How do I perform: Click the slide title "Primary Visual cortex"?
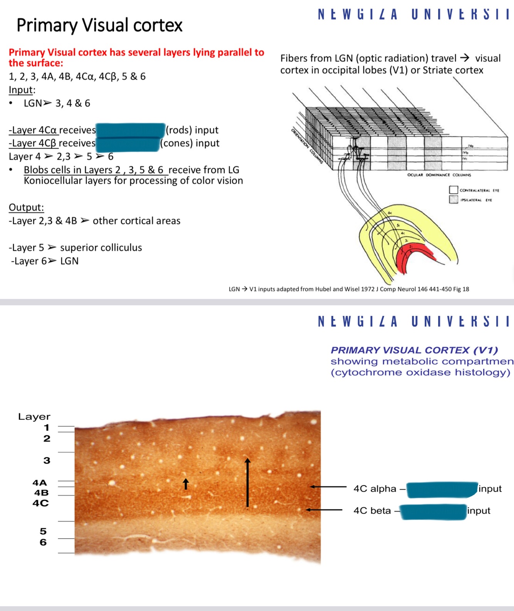click(x=99, y=25)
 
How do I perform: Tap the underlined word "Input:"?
click(x=22, y=90)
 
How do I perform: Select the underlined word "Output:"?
click(x=26, y=208)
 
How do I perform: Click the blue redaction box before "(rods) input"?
click(x=130, y=130)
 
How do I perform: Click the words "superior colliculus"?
click(x=101, y=248)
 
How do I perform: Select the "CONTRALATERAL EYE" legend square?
click(x=453, y=190)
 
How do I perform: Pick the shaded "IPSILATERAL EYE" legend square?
click(x=453, y=199)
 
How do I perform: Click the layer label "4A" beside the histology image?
click(x=40, y=483)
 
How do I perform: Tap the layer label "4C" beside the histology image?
click(x=40, y=503)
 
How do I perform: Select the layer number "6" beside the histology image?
click(x=43, y=542)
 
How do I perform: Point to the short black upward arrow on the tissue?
click(x=186, y=484)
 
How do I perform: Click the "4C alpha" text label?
click(x=375, y=489)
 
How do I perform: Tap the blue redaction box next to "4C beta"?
click(x=433, y=512)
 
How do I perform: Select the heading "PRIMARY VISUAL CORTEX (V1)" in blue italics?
click(x=414, y=350)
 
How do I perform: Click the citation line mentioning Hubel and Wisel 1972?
click(x=349, y=289)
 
